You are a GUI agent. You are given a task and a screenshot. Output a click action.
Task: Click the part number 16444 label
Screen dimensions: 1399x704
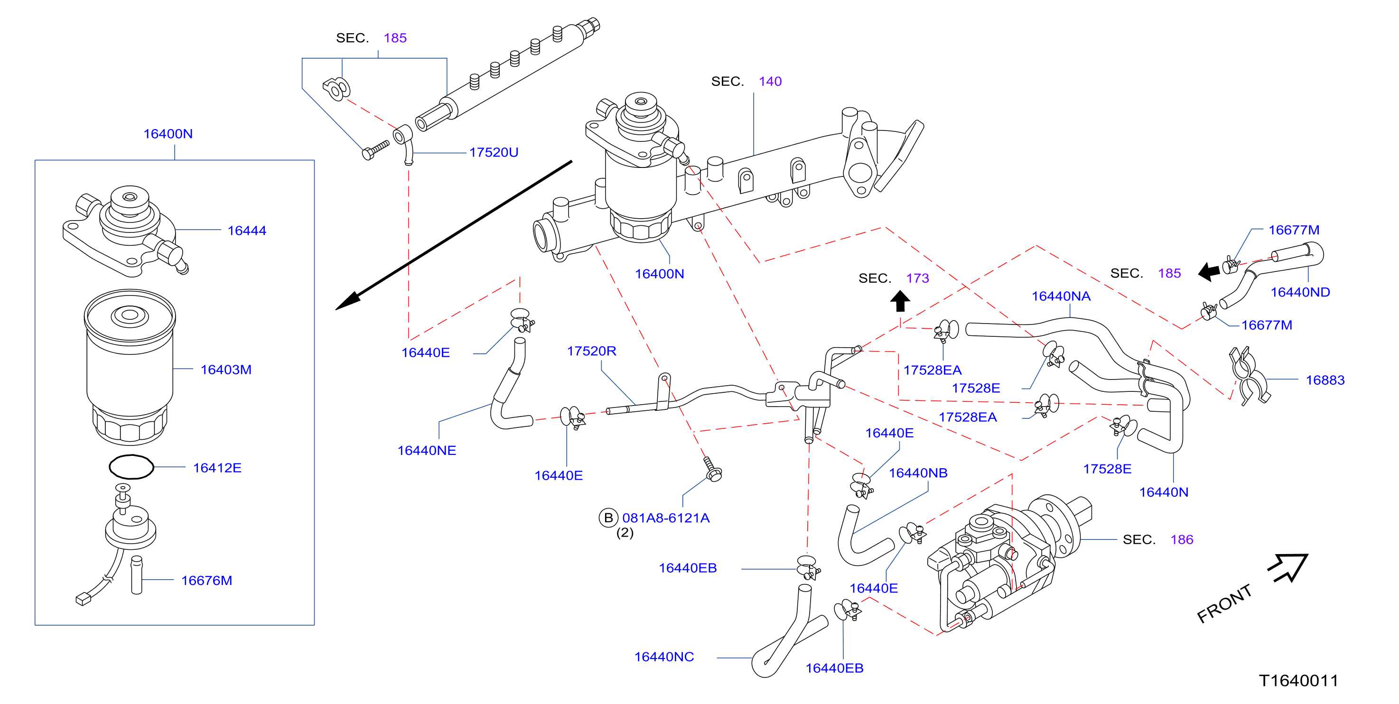(x=247, y=231)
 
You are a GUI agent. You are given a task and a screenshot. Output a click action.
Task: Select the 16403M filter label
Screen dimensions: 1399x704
(x=226, y=370)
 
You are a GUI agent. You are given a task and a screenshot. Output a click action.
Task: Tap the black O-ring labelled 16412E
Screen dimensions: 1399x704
(x=131, y=467)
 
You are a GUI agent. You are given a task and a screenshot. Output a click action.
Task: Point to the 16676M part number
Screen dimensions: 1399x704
(x=206, y=581)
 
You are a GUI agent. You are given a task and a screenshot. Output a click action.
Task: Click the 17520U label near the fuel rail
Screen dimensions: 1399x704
(x=494, y=153)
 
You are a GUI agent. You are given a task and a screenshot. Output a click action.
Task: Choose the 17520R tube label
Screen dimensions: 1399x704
(x=591, y=351)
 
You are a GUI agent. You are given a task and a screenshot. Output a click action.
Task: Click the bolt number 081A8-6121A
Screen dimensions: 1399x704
(x=666, y=519)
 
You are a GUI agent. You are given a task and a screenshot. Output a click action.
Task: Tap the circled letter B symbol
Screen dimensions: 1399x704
(x=608, y=519)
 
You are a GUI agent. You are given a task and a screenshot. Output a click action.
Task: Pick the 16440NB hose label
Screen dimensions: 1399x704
(x=918, y=473)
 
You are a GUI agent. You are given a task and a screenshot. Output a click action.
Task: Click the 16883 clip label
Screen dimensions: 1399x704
(x=1325, y=380)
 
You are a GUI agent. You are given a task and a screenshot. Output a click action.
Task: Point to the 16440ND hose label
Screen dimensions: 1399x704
(x=1300, y=293)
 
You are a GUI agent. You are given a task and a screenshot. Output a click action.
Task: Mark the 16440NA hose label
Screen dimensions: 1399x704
(x=1061, y=296)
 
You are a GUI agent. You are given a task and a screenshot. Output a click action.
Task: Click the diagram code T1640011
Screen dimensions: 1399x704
(x=1298, y=681)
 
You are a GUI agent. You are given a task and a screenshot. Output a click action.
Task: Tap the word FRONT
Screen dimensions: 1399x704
(x=1224, y=603)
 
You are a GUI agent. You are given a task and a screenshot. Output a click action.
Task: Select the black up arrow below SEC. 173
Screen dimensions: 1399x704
(x=900, y=301)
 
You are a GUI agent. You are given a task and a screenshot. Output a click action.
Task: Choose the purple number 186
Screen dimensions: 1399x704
(x=1182, y=540)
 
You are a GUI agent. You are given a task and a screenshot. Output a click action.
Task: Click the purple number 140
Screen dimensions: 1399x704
(x=770, y=82)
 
